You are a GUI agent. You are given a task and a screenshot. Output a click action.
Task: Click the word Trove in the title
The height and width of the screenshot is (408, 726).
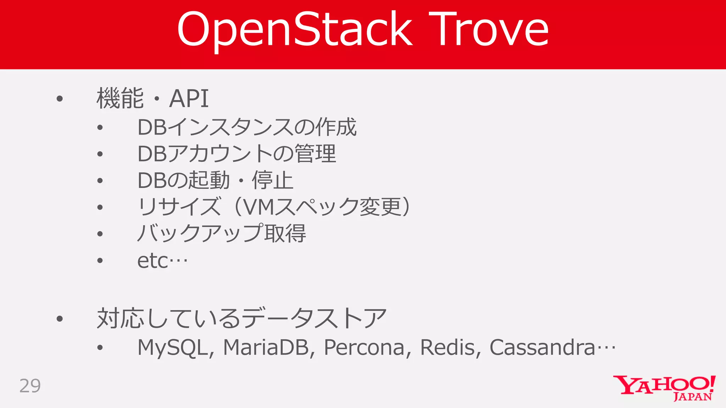[489, 29]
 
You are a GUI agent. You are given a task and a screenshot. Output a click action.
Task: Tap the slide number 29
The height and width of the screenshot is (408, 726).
[30, 386]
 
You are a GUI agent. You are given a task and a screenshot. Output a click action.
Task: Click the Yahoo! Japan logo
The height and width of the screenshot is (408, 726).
[664, 388]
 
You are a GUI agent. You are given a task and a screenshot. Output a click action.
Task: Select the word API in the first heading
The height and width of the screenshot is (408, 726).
[189, 98]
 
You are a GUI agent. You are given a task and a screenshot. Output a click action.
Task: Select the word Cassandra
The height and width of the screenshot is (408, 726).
[542, 347]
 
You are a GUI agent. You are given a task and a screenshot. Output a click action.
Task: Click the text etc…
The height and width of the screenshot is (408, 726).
[162, 261]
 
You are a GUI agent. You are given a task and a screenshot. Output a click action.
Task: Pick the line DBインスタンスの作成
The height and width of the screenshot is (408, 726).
[247, 127]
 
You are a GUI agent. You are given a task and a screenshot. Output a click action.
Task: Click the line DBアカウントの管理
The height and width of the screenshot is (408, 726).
[236, 154]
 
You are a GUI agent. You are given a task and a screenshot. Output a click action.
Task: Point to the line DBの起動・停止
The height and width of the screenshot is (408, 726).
[215, 180]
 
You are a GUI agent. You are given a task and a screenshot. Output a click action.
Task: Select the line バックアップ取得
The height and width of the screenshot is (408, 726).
[222, 234]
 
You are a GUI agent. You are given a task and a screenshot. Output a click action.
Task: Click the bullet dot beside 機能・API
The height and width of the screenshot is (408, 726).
[60, 98]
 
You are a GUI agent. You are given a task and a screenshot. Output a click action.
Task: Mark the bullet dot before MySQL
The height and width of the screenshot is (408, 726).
[100, 348]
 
